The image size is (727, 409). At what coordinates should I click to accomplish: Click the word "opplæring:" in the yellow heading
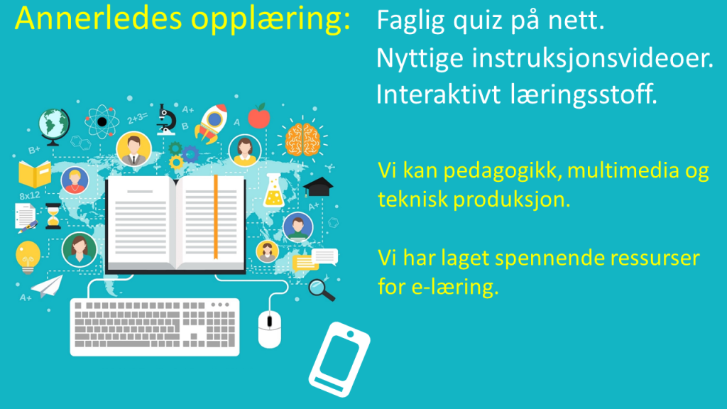click(270, 19)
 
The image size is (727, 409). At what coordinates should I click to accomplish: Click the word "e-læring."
click(455, 287)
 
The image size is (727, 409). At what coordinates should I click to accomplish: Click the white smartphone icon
click(339, 359)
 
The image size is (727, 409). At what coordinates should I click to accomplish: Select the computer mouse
click(269, 329)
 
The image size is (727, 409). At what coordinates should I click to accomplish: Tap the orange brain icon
click(302, 140)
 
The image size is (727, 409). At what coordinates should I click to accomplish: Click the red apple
click(258, 116)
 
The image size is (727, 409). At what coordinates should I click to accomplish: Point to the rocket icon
click(211, 123)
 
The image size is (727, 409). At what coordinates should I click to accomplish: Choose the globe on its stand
click(54, 126)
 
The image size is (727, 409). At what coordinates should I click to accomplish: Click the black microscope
click(166, 119)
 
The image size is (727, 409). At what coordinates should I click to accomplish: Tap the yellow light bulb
click(28, 257)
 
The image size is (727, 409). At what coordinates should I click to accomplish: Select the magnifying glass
click(321, 290)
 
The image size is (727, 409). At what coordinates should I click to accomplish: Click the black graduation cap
click(318, 187)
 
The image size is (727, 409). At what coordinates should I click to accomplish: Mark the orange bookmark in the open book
click(216, 217)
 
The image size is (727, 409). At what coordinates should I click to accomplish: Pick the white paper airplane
click(48, 287)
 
